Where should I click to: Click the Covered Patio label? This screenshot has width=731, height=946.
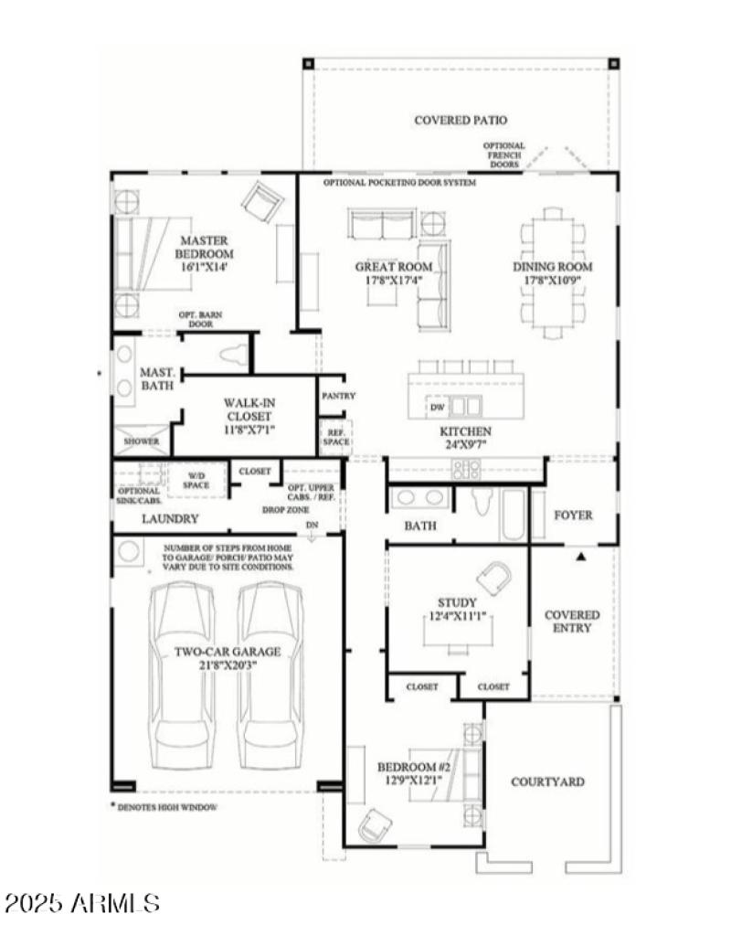point(461,120)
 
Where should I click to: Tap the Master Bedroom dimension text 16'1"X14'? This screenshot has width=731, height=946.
point(204,268)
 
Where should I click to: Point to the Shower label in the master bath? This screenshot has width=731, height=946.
point(142,441)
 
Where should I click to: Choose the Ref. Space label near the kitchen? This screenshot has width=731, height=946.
point(334,436)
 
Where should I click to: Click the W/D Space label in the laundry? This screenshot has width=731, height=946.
point(197,480)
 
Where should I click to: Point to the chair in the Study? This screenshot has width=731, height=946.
point(495,578)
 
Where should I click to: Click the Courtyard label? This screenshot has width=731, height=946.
point(547,781)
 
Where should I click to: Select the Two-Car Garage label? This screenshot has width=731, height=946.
point(228,658)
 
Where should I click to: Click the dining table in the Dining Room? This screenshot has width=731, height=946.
point(553,271)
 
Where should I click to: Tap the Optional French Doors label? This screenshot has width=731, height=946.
point(504,154)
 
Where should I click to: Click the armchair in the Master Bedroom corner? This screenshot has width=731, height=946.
point(263,198)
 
